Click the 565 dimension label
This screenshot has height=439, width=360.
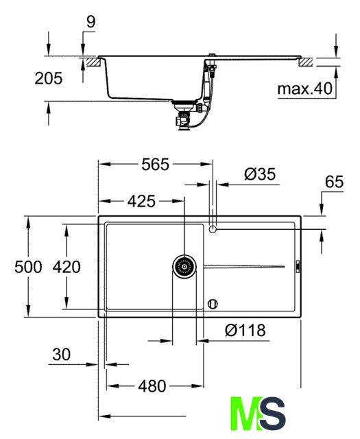click(x=156, y=165)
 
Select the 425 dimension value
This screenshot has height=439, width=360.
click(x=141, y=201)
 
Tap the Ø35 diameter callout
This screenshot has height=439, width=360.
click(x=260, y=174)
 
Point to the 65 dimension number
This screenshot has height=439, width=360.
click(x=334, y=182)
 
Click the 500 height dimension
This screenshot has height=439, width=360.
click(x=28, y=267)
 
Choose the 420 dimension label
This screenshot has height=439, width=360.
click(x=67, y=267)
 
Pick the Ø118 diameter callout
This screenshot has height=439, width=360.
click(x=245, y=330)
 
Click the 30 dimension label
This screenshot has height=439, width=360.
click(x=61, y=355)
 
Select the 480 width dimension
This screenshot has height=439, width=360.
click(x=152, y=386)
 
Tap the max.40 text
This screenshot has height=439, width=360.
click(x=304, y=88)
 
